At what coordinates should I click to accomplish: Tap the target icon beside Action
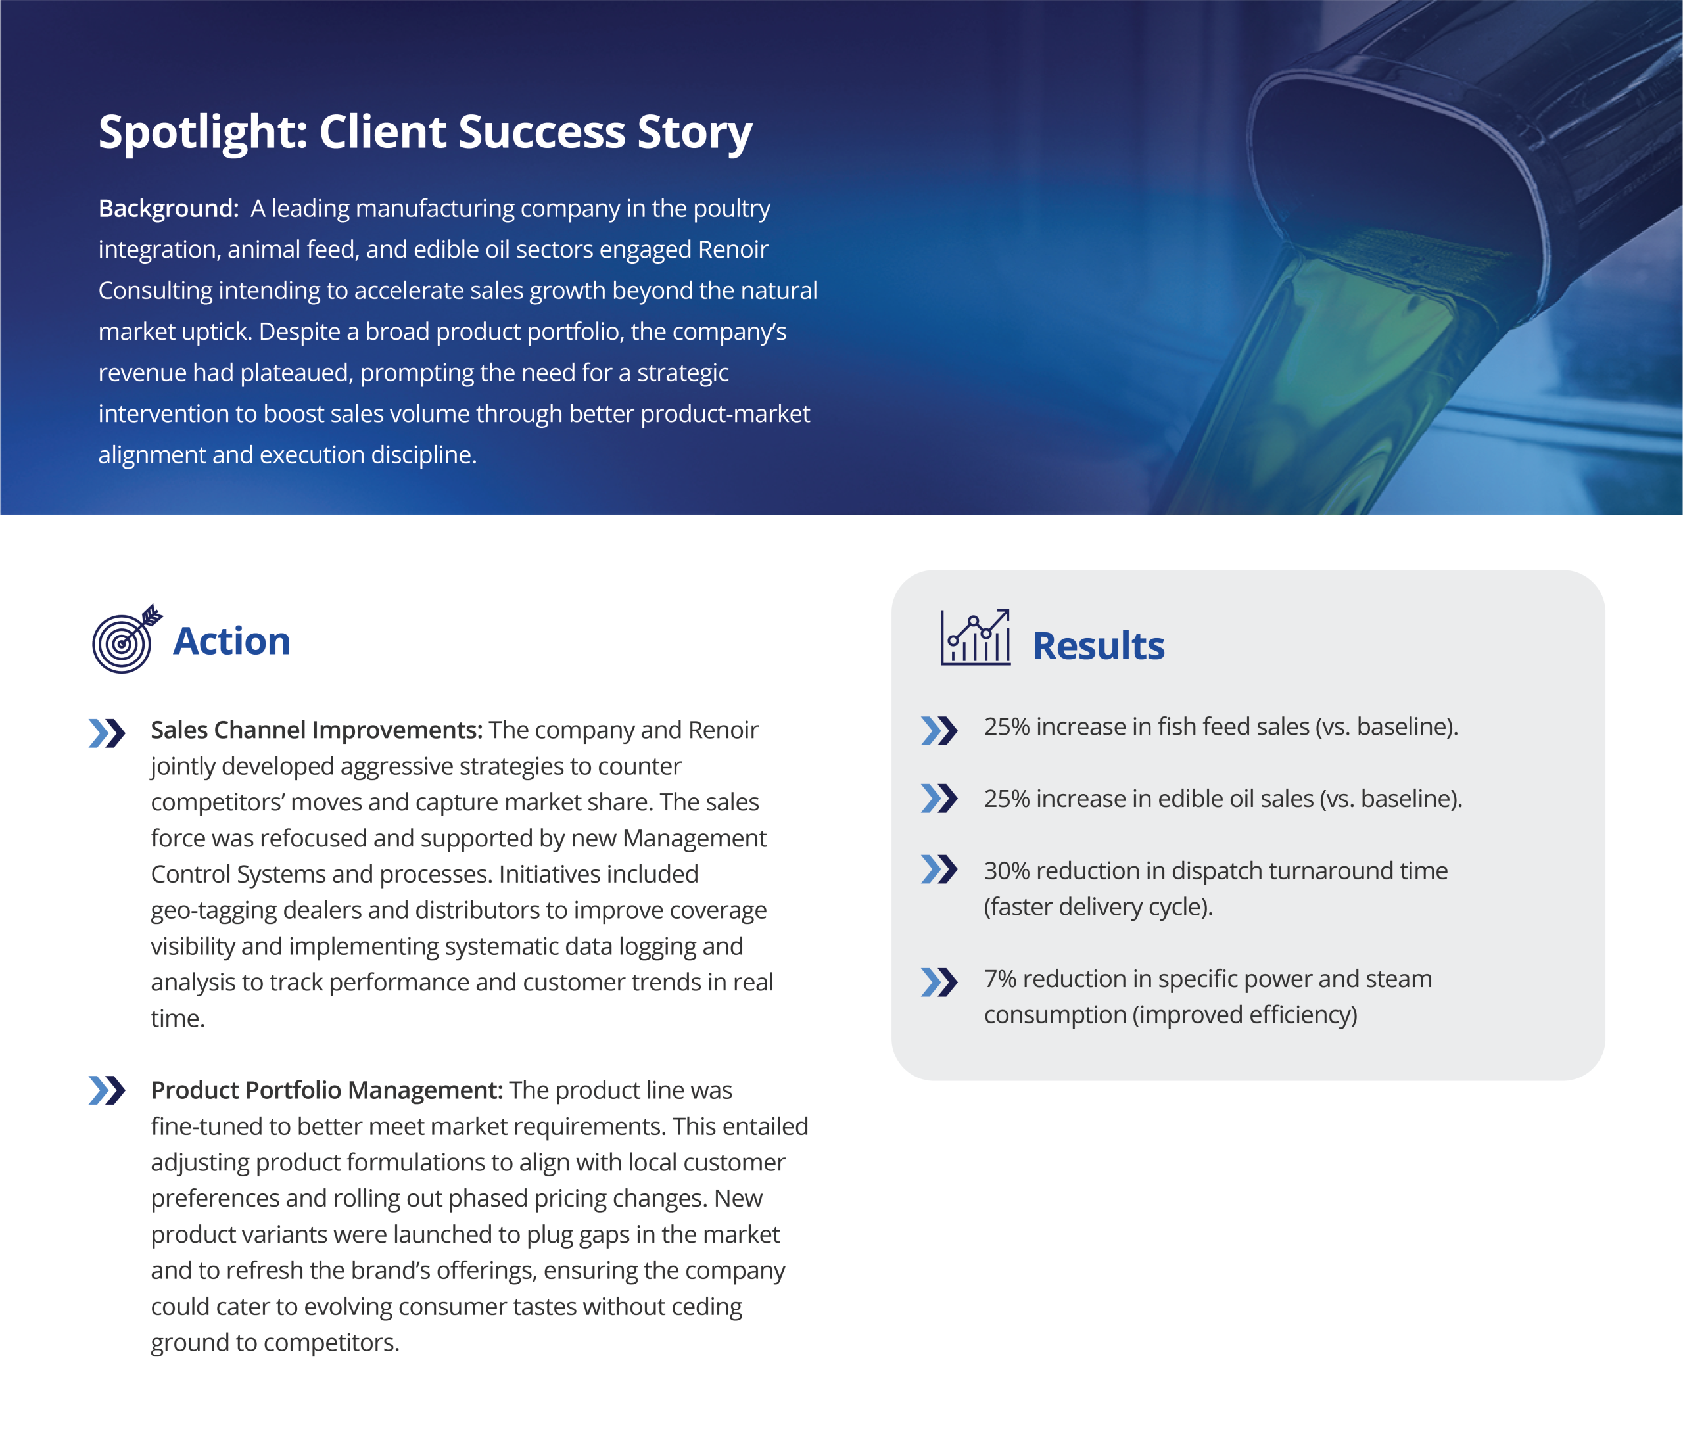(x=127, y=638)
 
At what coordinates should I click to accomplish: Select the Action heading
(x=231, y=641)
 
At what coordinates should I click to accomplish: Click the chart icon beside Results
(x=976, y=637)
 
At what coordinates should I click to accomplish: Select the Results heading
(x=1098, y=647)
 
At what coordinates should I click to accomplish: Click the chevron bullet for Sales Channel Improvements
(x=107, y=733)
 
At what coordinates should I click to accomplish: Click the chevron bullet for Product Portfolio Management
(x=107, y=1091)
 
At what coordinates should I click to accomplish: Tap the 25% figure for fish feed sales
(x=1007, y=726)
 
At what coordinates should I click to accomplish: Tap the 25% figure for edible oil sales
(x=1007, y=799)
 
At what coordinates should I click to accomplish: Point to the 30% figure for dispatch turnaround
(x=1007, y=871)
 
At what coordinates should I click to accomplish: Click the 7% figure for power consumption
(x=1000, y=979)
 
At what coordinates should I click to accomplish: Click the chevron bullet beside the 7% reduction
(x=939, y=982)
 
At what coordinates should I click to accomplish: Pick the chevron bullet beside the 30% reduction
(x=939, y=869)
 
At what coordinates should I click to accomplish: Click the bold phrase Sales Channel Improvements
(x=317, y=730)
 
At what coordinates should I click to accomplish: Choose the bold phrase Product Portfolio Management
(x=327, y=1090)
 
